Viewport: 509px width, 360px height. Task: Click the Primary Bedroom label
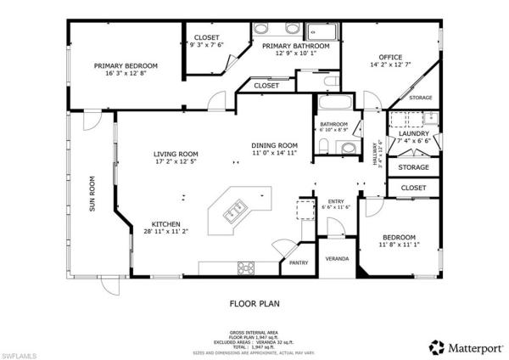coord(126,65)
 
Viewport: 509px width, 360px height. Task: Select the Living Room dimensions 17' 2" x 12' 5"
coord(175,161)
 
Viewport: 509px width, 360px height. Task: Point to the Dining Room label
coord(274,145)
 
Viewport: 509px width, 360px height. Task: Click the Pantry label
coord(299,263)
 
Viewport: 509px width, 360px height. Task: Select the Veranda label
coord(338,258)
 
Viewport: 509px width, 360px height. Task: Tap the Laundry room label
coord(414,134)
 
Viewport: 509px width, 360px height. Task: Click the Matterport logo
coord(464,346)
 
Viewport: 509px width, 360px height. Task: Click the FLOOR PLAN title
coord(254,302)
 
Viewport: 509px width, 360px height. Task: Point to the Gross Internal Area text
coord(254,332)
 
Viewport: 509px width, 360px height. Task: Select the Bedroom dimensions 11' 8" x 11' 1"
coord(398,245)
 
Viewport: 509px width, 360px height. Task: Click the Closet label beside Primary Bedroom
coord(207,38)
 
